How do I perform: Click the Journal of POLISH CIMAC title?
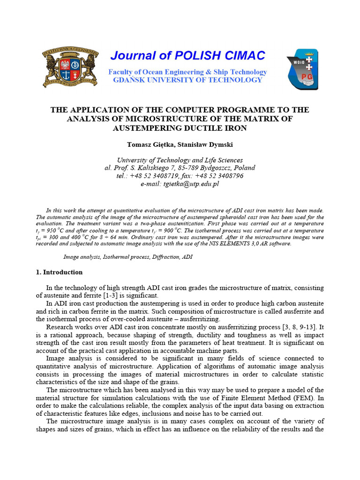coord(187,56)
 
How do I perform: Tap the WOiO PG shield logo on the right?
coord(302,69)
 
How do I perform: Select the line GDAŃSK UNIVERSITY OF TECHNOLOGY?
coord(187,80)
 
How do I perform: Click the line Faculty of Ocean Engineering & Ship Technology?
coord(187,72)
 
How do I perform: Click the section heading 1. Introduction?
coord(59,272)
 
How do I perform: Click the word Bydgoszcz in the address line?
coord(219,168)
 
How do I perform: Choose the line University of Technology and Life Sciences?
coord(180,160)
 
